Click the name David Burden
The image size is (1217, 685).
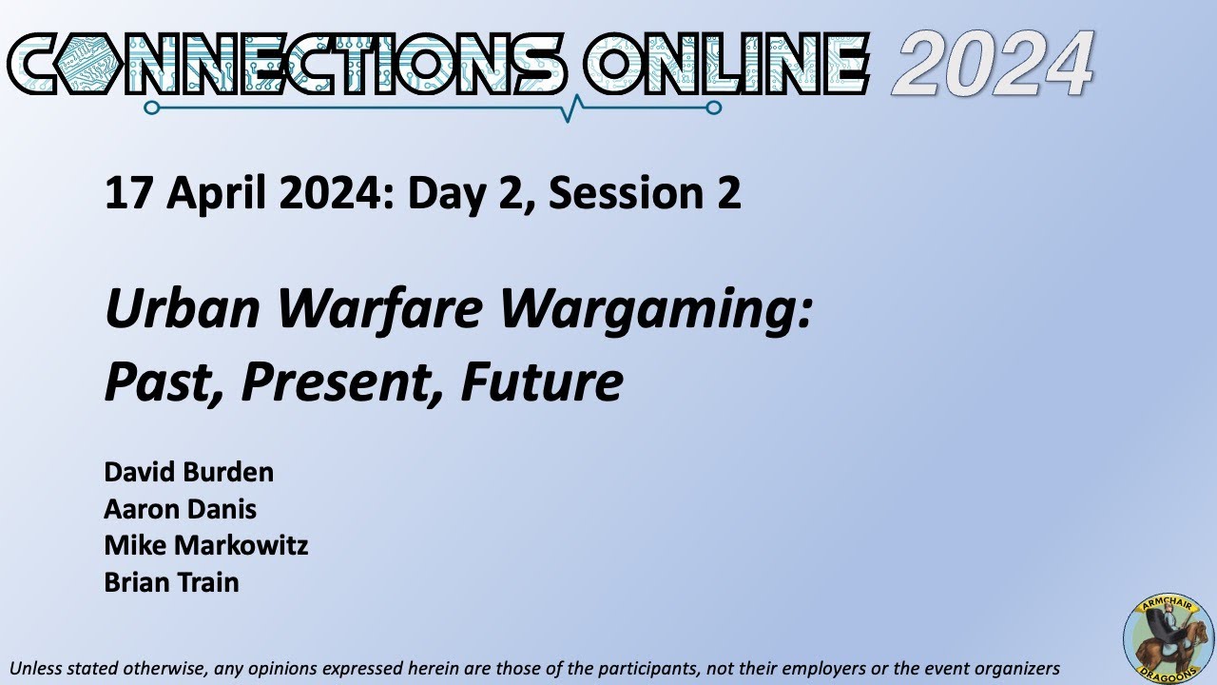pos(188,472)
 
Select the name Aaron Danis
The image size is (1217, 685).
pos(180,509)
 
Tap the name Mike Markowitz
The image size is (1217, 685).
pos(205,546)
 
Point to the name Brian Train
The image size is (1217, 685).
pos(171,582)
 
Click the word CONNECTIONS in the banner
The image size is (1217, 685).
pos(285,65)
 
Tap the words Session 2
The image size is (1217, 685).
pos(645,193)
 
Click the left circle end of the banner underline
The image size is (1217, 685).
pos(151,108)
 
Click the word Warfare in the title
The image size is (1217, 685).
pos(379,310)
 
